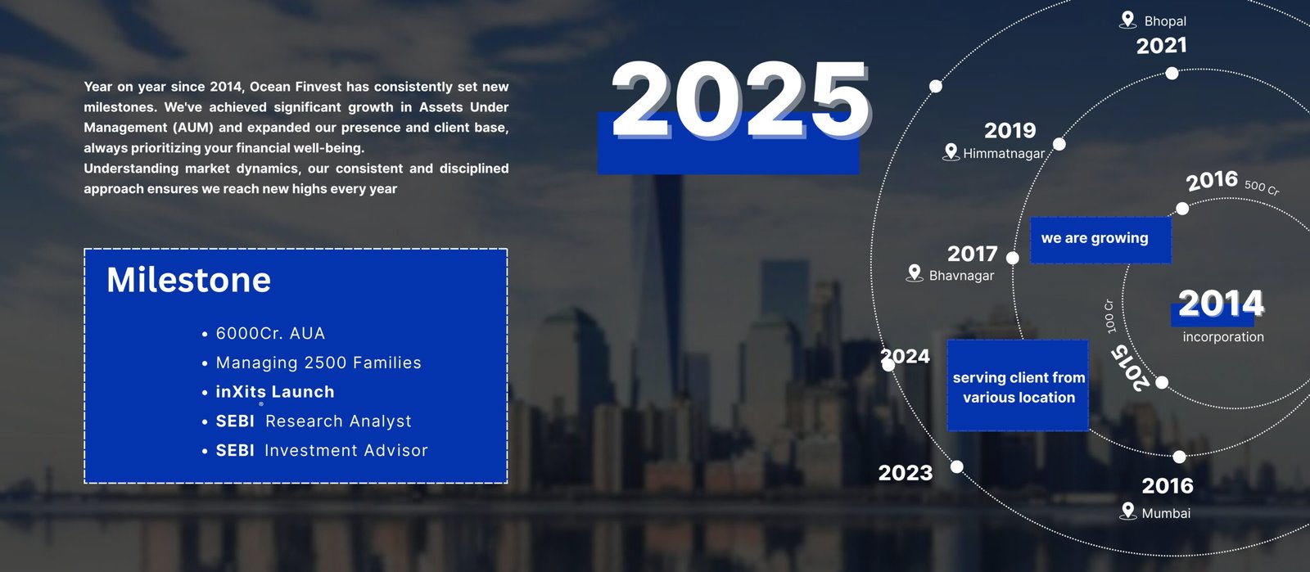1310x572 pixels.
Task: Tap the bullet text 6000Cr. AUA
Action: click(x=270, y=333)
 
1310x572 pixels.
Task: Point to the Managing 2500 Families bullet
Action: click(x=318, y=363)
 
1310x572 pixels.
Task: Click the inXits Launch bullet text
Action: click(x=275, y=391)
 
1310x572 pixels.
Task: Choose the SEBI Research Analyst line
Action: click(x=314, y=421)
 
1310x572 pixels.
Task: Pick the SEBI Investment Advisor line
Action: click(x=322, y=450)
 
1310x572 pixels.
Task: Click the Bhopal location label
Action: click(x=1165, y=21)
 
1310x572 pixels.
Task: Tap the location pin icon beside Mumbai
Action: click(x=1128, y=511)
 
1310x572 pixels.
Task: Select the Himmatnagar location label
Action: click(x=1004, y=154)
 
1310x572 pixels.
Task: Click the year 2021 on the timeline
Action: click(x=1162, y=46)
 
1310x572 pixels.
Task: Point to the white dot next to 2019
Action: click(x=1059, y=144)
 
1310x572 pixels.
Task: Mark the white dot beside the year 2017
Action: click(x=1012, y=258)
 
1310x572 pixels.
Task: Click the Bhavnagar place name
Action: click(x=961, y=275)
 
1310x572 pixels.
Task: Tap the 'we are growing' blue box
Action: click(x=1100, y=240)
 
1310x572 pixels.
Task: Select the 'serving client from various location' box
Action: click(x=1019, y=385)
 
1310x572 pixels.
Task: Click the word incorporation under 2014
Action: click(x=1223, y=336)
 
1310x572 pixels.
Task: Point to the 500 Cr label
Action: click(x=1262, y=187)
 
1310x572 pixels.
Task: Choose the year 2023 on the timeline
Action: click(x=906, y=473)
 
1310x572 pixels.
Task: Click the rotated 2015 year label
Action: click(x=1131, y=369)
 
